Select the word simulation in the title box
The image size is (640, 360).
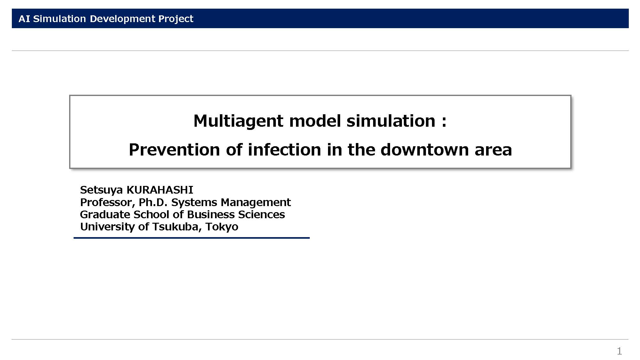click(391, 121)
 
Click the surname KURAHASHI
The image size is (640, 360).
click(160, 190)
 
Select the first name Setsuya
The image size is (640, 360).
click(101, 190)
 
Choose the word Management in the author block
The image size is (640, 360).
click(256, 203)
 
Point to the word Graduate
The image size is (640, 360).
click(105, 214)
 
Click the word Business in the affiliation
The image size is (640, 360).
click(211, 214)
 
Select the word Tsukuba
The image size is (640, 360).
click(177, 227)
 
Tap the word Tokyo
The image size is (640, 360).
click(222, 227)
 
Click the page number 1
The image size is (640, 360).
click(620, 351)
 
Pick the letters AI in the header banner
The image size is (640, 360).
click(24, 19)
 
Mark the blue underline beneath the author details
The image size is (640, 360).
click(192, 238)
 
